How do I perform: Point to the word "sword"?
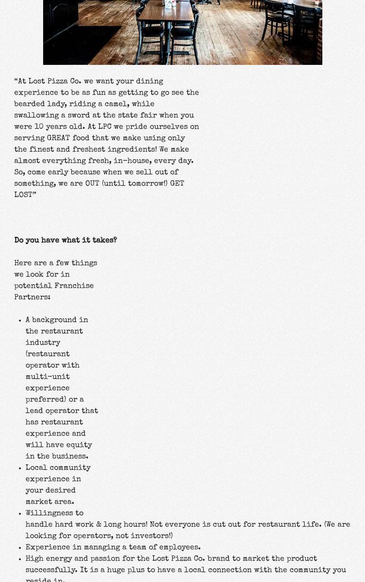click(x=79, y=116)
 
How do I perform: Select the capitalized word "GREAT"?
click(x=58, y=138)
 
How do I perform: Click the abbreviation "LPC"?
click(x=105, y=127)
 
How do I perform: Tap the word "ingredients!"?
click(x=132, y=150)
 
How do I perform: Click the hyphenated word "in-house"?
click(x=131, y=161)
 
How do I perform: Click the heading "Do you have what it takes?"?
click(x=65, y=241)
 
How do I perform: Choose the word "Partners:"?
click(x=32, y=297)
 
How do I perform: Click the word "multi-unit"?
click(x=48, y=377)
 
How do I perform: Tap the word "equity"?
click(x=79, y=445)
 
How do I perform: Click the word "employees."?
click(x=180, y=547)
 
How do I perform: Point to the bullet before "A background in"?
click(x=20, y=321)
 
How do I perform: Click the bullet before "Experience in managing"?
click(x=20, y=548)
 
